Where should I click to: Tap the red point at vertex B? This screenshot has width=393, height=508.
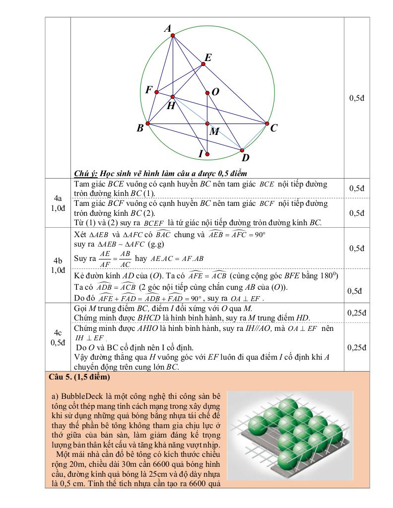[x=148, y=124]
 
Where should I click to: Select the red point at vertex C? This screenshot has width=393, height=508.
[x=266, y=124]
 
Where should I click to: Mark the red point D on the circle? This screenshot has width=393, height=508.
[x=242, y=150]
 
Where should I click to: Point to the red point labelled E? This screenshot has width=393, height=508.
[x=203, y=63]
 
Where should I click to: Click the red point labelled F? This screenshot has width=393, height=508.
[x=157, y=92]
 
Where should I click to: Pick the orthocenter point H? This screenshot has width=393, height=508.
[x=172, y=97]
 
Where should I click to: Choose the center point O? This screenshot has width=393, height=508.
[x=207, y=92]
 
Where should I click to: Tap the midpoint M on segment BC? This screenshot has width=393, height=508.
[x=207, y=124]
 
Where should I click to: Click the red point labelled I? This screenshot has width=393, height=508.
[x=207, y=154]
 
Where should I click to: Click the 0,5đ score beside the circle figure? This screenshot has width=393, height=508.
[x=357, y=98]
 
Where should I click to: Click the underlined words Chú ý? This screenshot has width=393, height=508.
[x=85, y=173]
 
